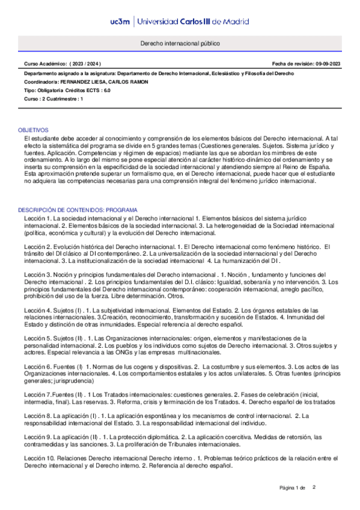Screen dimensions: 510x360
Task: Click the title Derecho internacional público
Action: click(x=180, y=45)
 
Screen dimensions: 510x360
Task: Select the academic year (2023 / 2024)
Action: click(x=85, y=64)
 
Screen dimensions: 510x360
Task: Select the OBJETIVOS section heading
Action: click(x=33, y=130)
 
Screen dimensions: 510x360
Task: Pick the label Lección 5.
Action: click(x=37, y=338)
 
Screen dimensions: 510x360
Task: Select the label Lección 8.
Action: click(x=37, y=416)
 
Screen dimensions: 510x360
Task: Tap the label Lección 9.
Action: click(x=37, y=436)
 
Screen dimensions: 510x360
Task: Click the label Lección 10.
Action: click(x=38, y=458)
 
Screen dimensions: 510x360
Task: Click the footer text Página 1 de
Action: click(x=293, y=487)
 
